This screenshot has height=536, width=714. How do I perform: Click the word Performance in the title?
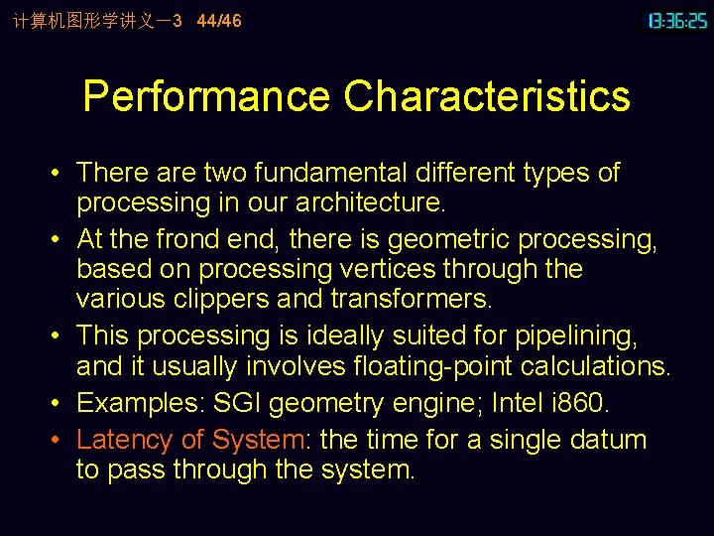[x=206, y=96]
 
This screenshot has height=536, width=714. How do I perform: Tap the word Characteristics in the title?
[x=487, y=96]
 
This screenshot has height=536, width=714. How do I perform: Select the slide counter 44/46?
[x=219, y=20]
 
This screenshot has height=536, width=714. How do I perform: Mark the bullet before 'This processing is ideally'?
[x=60, y=335]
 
